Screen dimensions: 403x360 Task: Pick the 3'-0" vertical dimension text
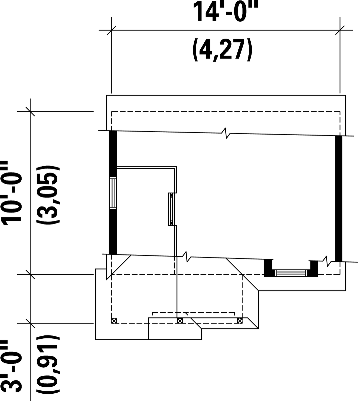pyautogui.click(x=12, y=366)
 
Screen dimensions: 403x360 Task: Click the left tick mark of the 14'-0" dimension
pyautogui.click(x=112, y=30)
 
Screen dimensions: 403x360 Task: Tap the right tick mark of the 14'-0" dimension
pyautogui.click(x=340, y=30)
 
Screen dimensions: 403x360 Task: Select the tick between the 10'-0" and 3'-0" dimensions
pyautogui.click(x=30, y=274)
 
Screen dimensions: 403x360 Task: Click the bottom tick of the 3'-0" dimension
pyautogui.click(x=30, y=323)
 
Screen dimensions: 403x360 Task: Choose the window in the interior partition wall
pyautogui.click(x=171, y=209)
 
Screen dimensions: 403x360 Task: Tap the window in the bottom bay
pyautogui.click(x=291, y=273)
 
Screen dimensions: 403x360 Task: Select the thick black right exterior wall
pyautogui.click(x=339, y=198)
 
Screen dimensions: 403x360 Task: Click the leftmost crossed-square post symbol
pyautogui.click(x=114, y=321)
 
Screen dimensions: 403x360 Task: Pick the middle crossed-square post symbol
pyautogui.click(x=180, y=321)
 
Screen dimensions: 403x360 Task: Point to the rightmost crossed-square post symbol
pyautogui.click(x=239, y=321)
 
